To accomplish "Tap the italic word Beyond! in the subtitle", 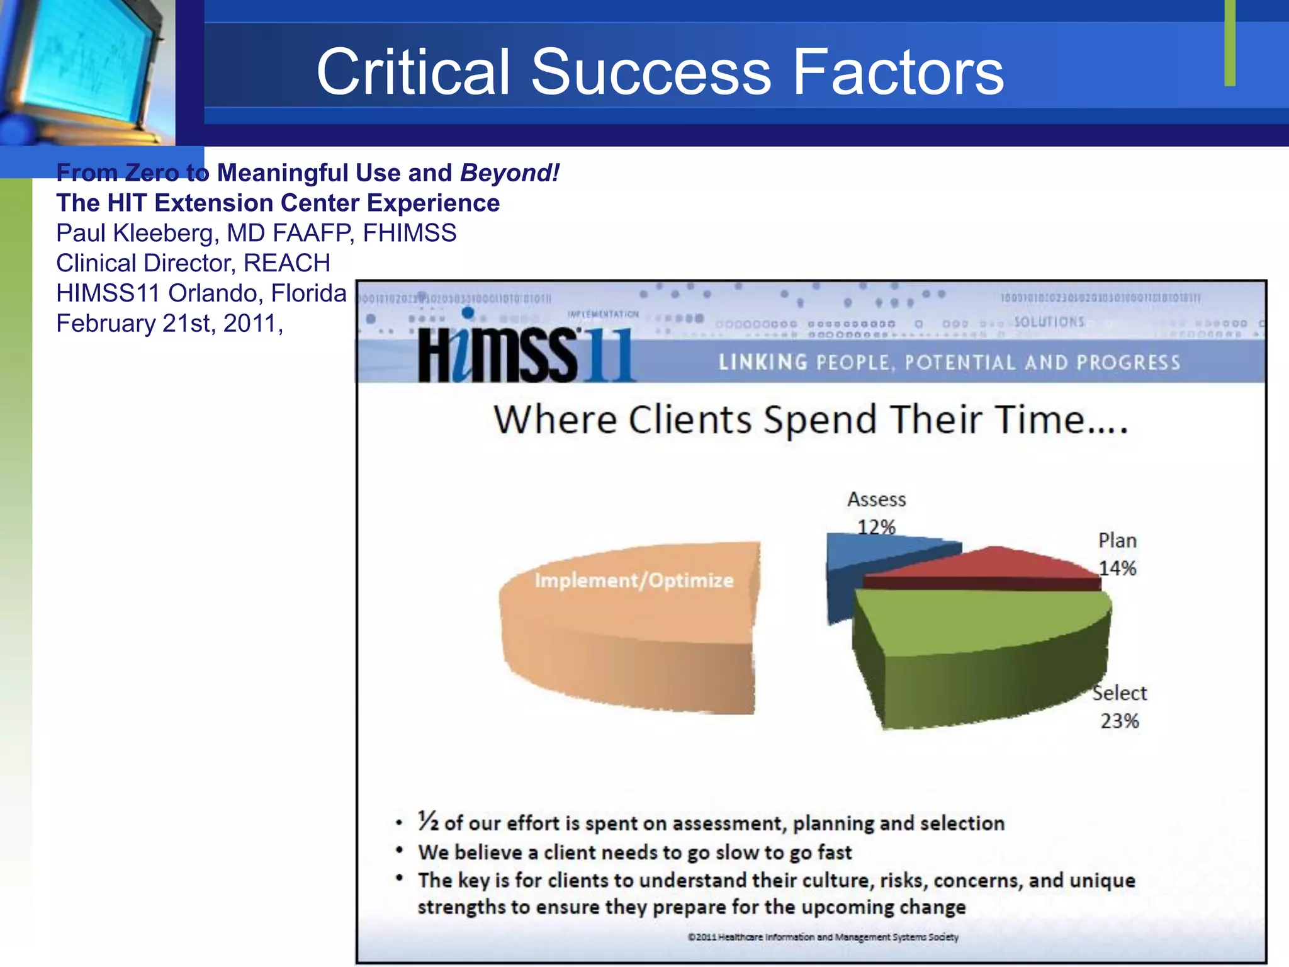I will coord(509,172).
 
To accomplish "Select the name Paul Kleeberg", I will coord(135,233).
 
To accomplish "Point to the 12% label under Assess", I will coord(876,527).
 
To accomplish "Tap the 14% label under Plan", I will coord(1117,568).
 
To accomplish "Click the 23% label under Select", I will coord(1119,721).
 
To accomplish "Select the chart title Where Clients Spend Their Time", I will coord(811,420).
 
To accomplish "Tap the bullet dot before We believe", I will coord(399,851).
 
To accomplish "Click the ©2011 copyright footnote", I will coord(823,937).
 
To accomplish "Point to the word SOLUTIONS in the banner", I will coord(1049,322).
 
